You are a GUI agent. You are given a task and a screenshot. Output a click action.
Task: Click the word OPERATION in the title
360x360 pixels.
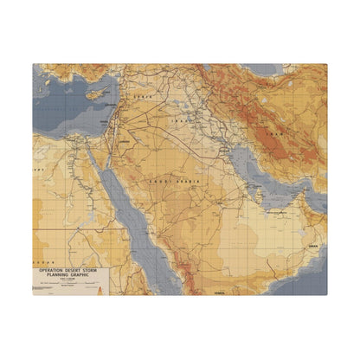pos(51,270)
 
